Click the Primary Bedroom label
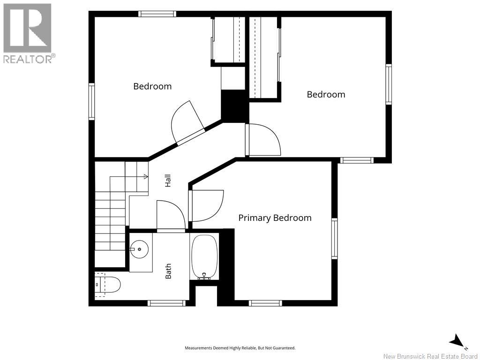275,218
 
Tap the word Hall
168,180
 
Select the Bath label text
168,271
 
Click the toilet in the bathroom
107,285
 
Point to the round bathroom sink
139,249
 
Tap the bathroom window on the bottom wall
166,303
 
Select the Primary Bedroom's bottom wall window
265,303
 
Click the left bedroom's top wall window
157,14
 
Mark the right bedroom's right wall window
389,84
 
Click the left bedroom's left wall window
91,101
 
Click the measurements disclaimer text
240,348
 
